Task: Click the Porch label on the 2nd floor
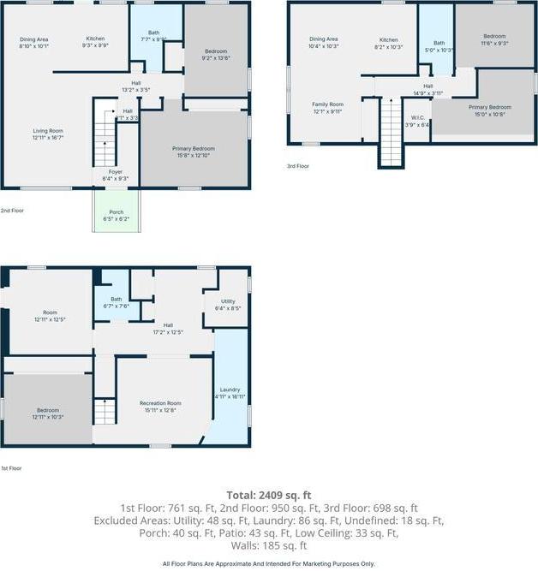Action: coord(115,216)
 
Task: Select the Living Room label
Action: coord(48,134)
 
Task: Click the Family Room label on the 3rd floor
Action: coord(327,107)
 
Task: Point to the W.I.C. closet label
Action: coord(418,121)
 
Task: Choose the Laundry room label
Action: coord(230,393)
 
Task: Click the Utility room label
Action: coord(227,305)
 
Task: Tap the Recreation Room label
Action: coord(160,406)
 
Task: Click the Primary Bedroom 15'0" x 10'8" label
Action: coord(489,110)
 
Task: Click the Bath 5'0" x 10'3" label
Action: coord(439,46)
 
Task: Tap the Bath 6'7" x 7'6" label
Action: coord(116,302)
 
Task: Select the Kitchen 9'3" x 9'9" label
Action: coord(95,42)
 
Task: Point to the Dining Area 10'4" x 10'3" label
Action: coord(323,42)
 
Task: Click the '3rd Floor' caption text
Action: coord(297,166)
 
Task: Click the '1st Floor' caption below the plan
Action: coord(11,468)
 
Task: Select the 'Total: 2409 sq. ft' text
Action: coord(269,495)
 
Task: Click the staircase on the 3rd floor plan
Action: coord(391,132)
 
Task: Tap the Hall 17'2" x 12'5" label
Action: coord(168,329)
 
